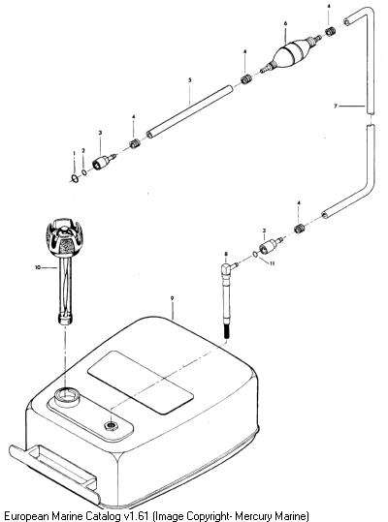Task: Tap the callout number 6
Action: pyautogui.click(x=286, y=23)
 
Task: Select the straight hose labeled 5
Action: pyautogui.click(x=190, y=111)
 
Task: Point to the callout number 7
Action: pyautogui.click(x=336, y=106)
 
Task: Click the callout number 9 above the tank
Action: pyautogui.click(x=172, y=298)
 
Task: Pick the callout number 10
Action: pyautogui.click(x=37, y=267)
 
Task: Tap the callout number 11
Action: pyautogui.click(x=273, y=263)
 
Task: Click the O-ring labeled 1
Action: pyautogui.click(x=76, y=179)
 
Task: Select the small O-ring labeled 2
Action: pyautogui.click(x=84, y=172)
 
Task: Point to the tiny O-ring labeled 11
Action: pyautogui.click(x=255, y=254)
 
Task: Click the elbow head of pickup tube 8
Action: pyautogui.click(x=228, y=266)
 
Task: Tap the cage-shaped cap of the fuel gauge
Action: pyautogui.click(x=64, y=237)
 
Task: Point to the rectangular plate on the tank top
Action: pyautogui.click(x=140, y=383)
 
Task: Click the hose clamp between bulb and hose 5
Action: pyautogui.click(x=246, y=79)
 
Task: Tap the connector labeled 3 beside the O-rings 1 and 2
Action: pyautogui.click(x=104, y=161)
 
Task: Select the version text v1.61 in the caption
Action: pyautogui.click(x=137, y=516)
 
